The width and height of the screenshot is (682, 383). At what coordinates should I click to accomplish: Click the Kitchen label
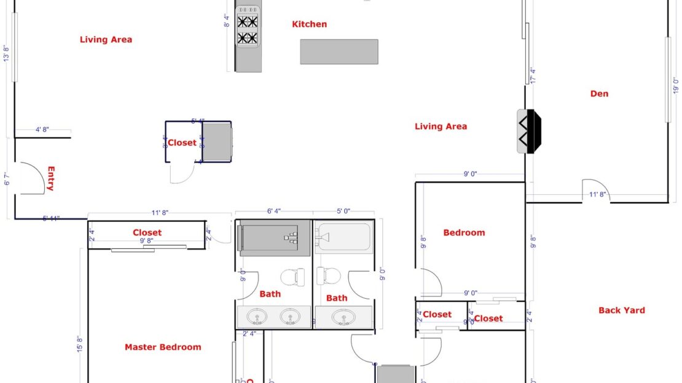coord(309,25)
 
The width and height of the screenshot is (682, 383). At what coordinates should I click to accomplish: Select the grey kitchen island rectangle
coord(339,52)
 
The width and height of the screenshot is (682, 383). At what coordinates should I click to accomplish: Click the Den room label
coord(599,94)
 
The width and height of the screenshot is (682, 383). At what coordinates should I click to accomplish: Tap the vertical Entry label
coord(51,179)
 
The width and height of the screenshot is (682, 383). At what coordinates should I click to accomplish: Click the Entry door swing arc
coord(34,178)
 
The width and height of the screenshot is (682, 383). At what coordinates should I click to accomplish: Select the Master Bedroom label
coord(163,347)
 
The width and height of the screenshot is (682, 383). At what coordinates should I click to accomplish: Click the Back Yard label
coord(621,310)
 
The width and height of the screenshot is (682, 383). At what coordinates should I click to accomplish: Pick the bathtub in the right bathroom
coord(343,237)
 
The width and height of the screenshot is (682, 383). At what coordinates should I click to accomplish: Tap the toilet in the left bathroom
coord(293,277)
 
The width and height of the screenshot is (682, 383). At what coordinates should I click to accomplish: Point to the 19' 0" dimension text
coord(675,85)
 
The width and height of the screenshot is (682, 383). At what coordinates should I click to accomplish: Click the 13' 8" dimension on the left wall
coord(6,53)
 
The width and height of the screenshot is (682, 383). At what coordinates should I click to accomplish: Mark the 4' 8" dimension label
coord(42,130)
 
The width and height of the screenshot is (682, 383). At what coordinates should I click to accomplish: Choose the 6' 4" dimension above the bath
coord(273,211)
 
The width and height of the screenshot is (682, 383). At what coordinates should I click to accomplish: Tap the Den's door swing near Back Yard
coord(594,190)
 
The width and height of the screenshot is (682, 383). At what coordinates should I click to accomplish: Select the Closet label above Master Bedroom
coord(147,233)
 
